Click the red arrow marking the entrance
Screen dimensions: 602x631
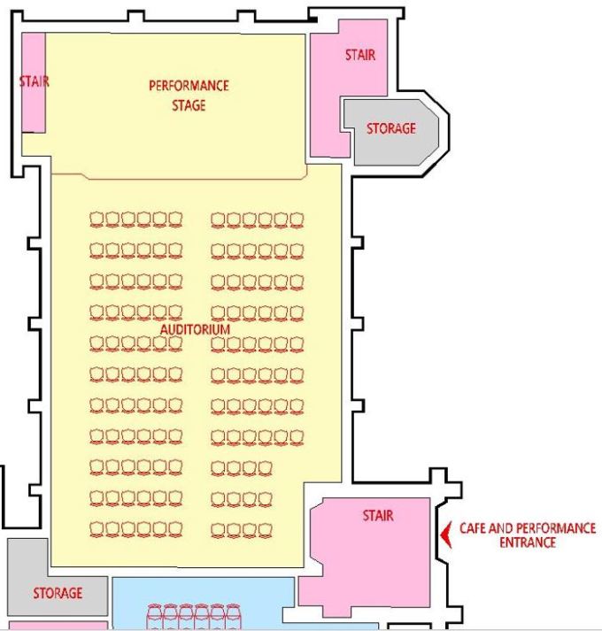(445, 535)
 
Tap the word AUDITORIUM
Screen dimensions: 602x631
(195, 329)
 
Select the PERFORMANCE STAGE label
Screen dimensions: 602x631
(189, 96)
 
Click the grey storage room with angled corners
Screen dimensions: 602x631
(390, 133)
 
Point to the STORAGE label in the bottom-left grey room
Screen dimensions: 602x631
(58, 593)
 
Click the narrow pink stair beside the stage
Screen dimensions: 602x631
(34, 82)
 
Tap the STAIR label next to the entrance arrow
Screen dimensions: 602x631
(378, 515)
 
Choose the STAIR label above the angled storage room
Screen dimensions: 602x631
(360, 55)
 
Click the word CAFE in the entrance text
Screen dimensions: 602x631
(473, 528)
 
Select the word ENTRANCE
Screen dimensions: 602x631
(528, 543)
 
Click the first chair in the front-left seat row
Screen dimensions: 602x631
(96, 219)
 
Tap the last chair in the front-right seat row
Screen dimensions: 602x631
(297, 220)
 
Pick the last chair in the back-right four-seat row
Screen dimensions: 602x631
(266, 530)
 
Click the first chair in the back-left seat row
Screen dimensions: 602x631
(96, 529)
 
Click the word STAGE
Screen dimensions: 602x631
(189, 105)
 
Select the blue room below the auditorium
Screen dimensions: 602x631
(204, 603)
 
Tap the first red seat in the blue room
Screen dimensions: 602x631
(154, 617)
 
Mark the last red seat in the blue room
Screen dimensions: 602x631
(233, 617)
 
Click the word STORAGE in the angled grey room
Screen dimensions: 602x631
(391, 128)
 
